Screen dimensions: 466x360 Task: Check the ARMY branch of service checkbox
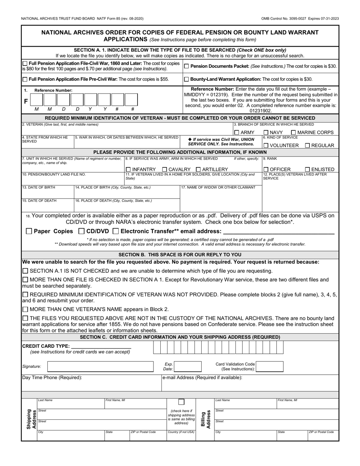click(236, 133)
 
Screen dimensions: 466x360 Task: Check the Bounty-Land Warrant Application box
click(186, 80)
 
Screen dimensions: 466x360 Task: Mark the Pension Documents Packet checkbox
click(186, 66)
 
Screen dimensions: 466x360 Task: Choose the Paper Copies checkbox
click(29, 231)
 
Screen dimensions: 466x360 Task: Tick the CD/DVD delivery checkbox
click(81, 231)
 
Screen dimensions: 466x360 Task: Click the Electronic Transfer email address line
click(279, 231)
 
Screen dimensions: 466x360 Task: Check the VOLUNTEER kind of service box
click(266, 145)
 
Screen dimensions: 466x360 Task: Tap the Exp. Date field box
click(188, 366)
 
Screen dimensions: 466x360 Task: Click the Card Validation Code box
click(269, 366)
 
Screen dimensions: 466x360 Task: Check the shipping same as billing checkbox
click(182, 402)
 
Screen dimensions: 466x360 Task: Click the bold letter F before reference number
click(26, 101)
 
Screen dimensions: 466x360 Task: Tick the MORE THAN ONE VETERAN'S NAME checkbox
click(25, 309)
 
